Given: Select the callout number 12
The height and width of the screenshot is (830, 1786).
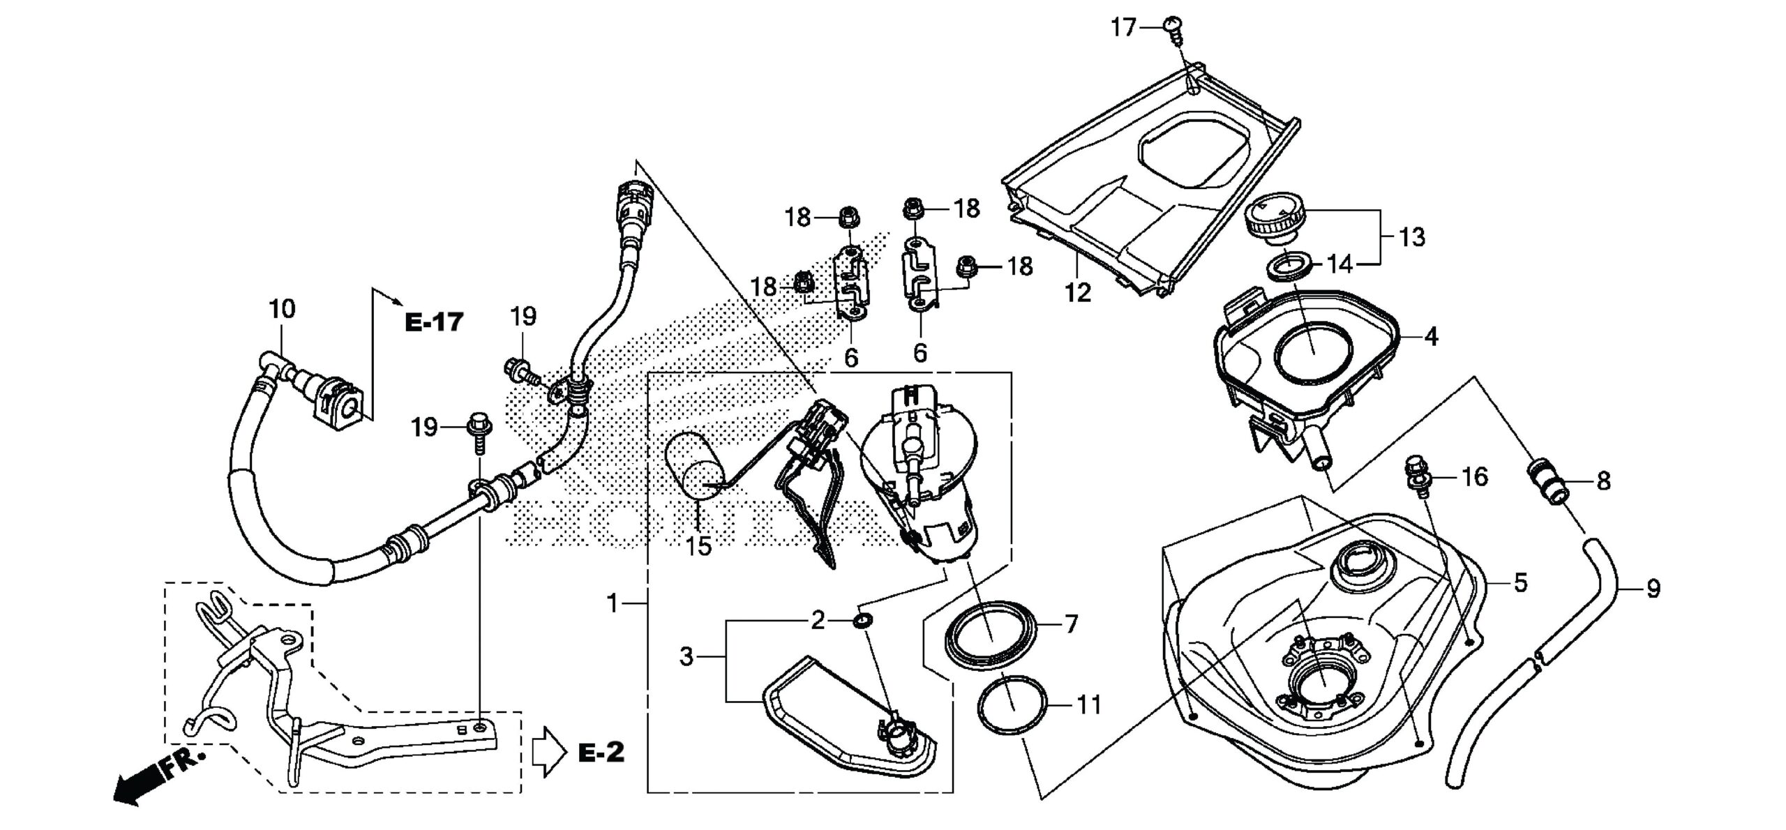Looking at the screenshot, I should point(1078,293).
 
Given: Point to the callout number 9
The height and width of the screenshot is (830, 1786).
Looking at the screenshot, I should point(1653,590).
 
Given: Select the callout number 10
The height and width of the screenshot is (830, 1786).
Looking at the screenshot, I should point(282,308).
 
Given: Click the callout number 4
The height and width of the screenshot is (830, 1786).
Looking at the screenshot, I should point(1430,337).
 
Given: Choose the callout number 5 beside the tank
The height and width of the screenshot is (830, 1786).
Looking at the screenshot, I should point(1520,582).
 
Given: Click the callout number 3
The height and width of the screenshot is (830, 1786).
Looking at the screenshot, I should point(686,657).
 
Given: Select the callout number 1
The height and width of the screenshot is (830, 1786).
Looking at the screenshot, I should point(613,604).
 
